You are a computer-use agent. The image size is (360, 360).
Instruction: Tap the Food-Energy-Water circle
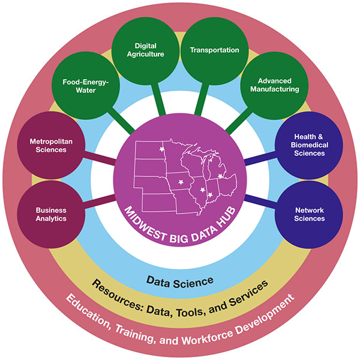(x=89, y=85)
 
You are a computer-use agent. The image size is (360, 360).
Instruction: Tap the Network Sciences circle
(x=310, y=214)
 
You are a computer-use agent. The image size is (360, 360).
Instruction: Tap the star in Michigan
(x=220, y=176)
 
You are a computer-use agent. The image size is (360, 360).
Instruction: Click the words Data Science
(x=179, y=280)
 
